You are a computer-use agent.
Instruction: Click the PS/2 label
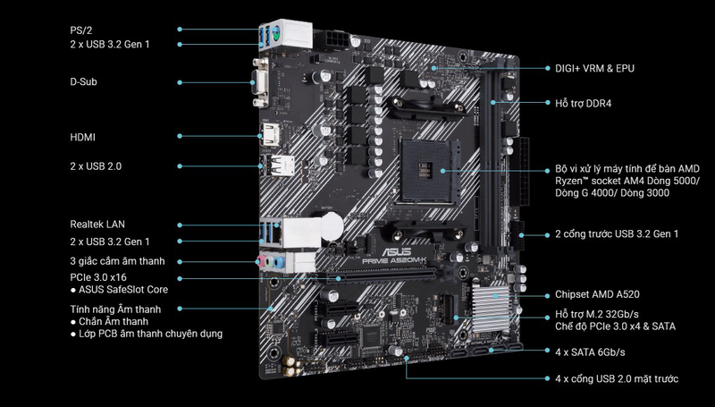pyautogui.click(x=81, y=30)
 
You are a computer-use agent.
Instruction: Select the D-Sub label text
pyautogui.click(x=83, y=82)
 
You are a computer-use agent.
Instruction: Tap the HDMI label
pyautogui.click(x=82, y=138)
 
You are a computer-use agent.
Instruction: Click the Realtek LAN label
pyautogui.click(x=97, y=225)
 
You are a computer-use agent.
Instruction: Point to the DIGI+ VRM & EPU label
pyautogui.click(x=594, y=69)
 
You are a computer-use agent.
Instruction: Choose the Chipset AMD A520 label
pyautogui.click(x=597, y=295)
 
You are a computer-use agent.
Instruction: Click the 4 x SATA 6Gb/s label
pyautogui.click(x=590, y=352)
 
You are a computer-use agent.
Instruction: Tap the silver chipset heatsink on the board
pyautogui.click(x=490, y=309)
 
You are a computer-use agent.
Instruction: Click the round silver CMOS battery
pyautogui.click(x=332, y=225)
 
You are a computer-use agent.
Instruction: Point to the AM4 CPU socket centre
pyautogui.click(x=430, y=170)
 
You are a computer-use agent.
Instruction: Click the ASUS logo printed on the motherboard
pyautogui.click(x=396, y=252)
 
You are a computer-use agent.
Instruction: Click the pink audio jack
pyautogui.click(x=261, y=261)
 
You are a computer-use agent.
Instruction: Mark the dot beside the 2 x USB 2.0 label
pyautogui.click(x=180, y=166)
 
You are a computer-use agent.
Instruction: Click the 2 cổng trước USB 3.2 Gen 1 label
pyautogui.click(x=617, y=234)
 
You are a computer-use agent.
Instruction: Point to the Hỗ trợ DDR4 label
pyautogui.click(x=584, y=104)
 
